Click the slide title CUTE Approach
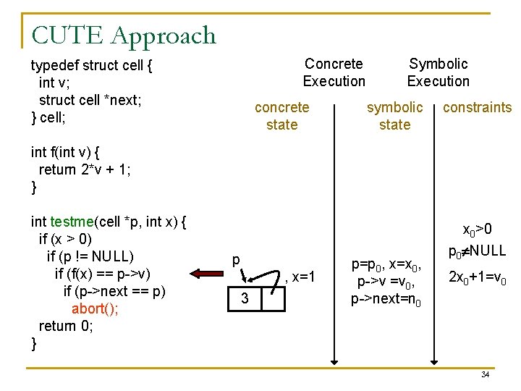pos(124,35)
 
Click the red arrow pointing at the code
pos(206,274)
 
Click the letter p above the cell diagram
pos(236,260)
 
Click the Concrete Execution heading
pos(334,72)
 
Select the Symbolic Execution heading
pos(438,72)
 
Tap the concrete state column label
pos(281,116)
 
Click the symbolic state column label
pos(394,116)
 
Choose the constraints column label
pos(477,108)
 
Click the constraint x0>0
pos(477,230)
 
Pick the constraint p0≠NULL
pos(477,252)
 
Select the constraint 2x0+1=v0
pos(477,277)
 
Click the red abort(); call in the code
pos(95,308)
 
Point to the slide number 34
pos(485,374)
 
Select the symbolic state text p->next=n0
pos(386,300)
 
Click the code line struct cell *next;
pos(90,100)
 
